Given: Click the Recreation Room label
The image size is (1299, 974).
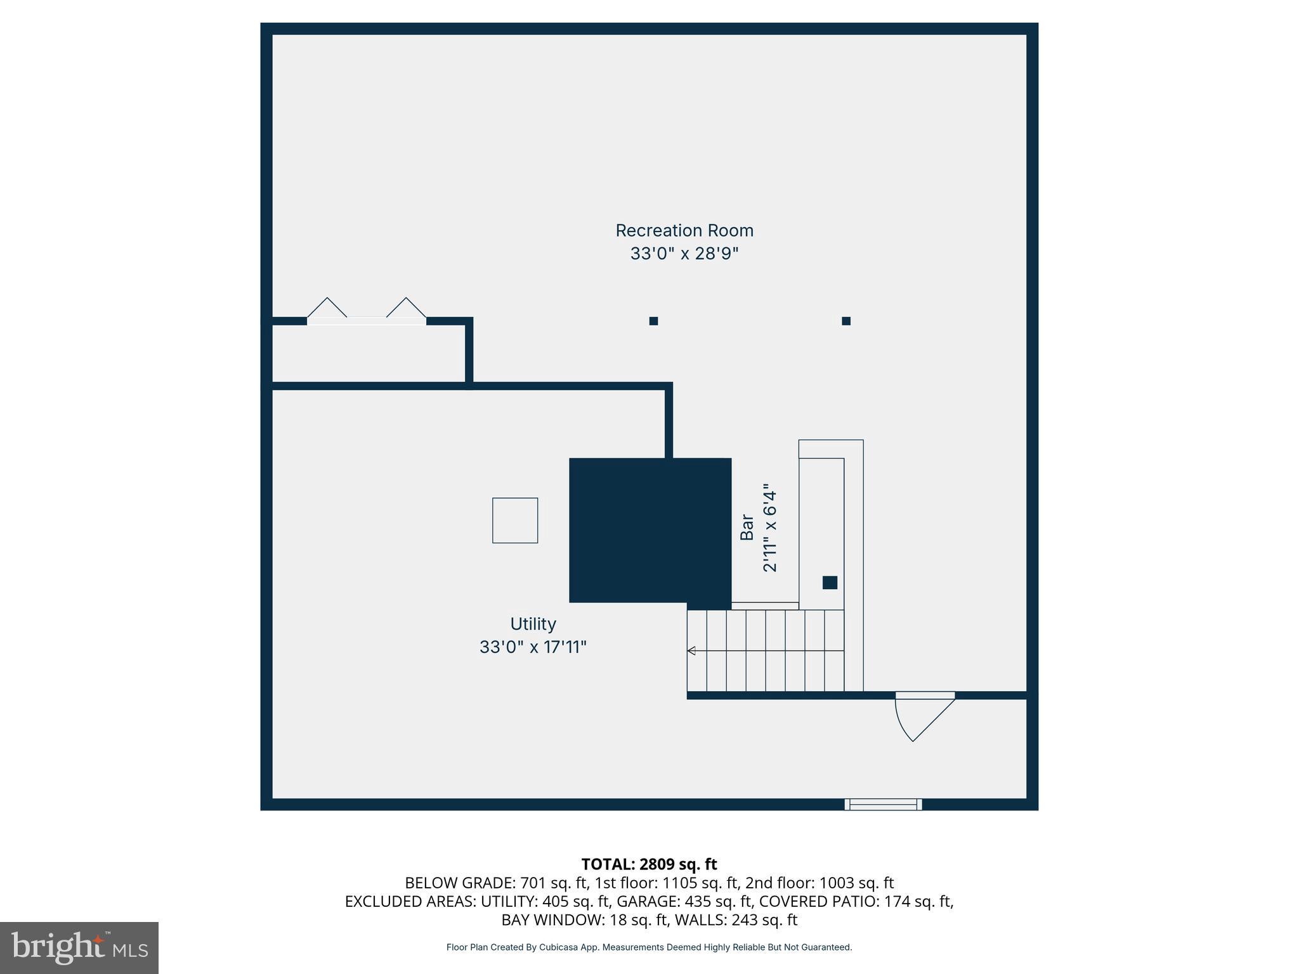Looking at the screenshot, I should point(684,230).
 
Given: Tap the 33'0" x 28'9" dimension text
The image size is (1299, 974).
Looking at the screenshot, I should point(684,254).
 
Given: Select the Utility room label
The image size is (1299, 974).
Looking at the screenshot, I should point(533,624).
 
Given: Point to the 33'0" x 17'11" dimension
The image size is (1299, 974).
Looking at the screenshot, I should point(533,647).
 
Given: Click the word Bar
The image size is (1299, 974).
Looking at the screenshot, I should point(747,527).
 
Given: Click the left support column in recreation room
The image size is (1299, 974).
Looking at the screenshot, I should point(653,321).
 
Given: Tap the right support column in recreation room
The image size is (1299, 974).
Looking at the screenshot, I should point(845,321).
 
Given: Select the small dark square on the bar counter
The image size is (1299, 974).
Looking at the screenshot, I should point(830,582).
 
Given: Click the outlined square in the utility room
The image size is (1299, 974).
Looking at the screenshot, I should point(515,520).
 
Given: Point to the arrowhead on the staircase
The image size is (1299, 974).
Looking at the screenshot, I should point(691,651).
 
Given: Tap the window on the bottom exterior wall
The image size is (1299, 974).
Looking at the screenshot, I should point(883,805).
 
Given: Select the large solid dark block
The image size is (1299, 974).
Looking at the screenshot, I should point(649,530).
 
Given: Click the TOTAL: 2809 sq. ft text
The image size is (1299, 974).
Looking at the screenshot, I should point(649,864).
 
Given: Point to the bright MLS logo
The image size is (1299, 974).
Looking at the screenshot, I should point(79,947).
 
